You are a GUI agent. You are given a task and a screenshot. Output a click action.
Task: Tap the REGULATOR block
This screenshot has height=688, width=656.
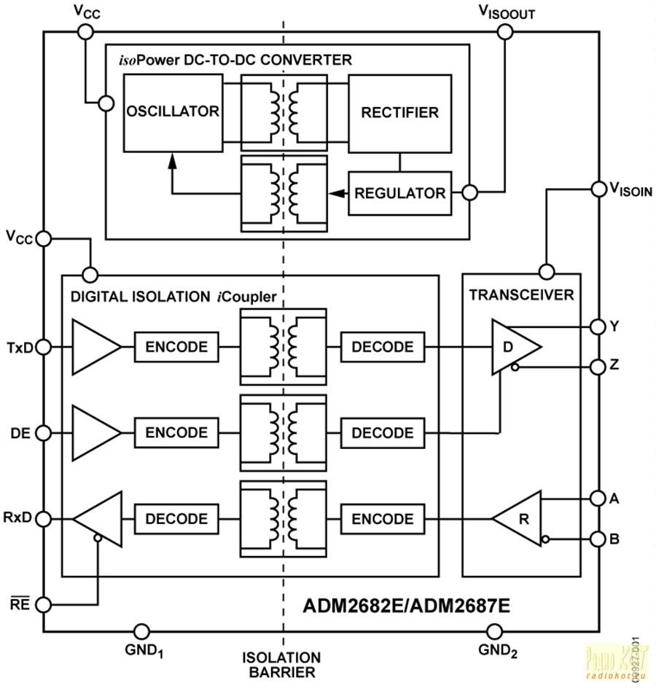[x=399, y=193]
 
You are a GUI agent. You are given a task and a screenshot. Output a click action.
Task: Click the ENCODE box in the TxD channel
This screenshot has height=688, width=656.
[x=176, y=346]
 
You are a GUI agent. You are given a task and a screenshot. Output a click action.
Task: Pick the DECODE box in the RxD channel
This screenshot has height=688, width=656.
[x=176, y=519]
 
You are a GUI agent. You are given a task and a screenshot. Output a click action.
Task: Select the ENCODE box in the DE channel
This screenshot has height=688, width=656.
[x=176, y=432]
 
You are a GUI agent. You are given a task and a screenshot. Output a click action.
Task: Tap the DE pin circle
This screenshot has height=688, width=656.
[x=44, y=432]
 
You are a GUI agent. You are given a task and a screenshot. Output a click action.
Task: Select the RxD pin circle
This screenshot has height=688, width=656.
[x=44, y=519]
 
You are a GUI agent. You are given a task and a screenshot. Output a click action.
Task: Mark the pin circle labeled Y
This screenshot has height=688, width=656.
[x=597, y=326]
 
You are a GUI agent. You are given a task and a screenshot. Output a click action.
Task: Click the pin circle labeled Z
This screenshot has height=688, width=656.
[x=597, y=366]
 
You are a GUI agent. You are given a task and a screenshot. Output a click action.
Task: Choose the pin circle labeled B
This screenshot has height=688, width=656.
[x=597, y=539]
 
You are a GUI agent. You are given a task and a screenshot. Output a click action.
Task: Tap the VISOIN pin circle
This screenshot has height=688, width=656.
[x=597, y=187]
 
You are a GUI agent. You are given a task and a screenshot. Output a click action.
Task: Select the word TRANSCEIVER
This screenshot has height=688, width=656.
[x=521, y=295]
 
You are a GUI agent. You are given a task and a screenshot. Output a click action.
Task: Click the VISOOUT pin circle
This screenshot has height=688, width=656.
[x=504, y=31]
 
